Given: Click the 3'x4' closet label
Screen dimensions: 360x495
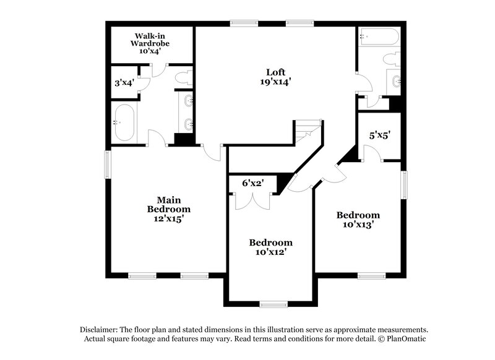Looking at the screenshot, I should click(x=124, y=82).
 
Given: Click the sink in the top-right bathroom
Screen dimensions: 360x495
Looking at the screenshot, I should click(x=396, y=81).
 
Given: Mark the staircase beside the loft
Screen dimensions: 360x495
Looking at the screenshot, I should click(x=308, y=132).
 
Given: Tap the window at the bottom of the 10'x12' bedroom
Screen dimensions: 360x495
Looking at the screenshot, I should click(x=273, y=304).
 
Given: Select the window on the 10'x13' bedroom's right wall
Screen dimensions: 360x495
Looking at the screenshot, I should click(x=405, y=185).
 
